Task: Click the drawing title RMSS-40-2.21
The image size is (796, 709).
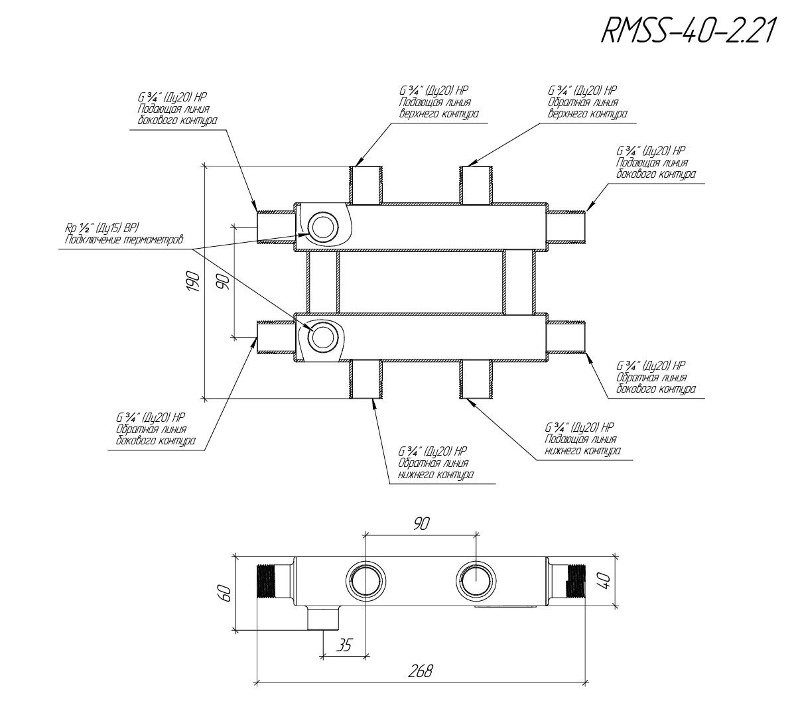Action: click(x=687, y=31)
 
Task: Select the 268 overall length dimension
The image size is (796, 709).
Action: click(x=420, y=671)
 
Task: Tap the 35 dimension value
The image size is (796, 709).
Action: click(x=344, y=645)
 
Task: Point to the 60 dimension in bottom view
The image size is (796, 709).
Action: click(x=225, y=593)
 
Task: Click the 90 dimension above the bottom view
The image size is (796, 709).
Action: click(x=421, y=523)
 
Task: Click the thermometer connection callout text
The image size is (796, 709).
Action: click(x=124, y=233)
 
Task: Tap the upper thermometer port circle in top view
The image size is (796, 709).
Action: click(x=323, y=214)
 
